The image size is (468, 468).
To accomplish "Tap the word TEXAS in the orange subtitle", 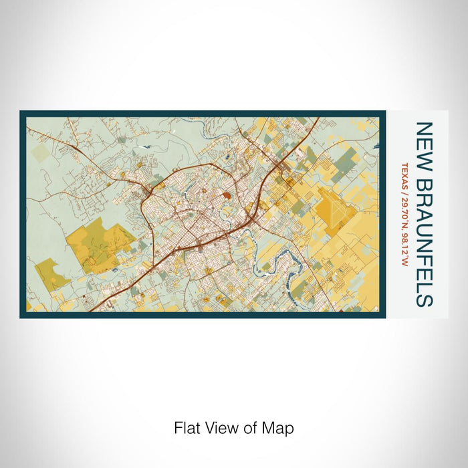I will click(x=404, y=173).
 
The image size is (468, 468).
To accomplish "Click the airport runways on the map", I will click(x=338, y=211).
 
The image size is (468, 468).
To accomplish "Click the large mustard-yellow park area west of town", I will click(x=100, y=244).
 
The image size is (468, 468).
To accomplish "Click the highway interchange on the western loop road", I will click(x=146, y=193).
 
